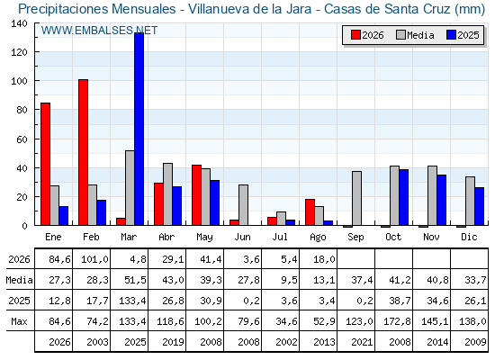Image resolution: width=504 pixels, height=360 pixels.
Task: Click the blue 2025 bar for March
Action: coord(139,129)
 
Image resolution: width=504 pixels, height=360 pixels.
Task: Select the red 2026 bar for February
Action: coord(83,152)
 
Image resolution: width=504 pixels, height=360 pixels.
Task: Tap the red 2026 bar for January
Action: coord(45,164)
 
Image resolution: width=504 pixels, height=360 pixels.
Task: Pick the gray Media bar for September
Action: coord(356,198)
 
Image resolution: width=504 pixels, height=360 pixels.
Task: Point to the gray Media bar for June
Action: coord(243,205)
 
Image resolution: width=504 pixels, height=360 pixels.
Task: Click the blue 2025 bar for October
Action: coord(404,197)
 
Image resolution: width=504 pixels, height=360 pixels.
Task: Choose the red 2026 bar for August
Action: coord(310,212)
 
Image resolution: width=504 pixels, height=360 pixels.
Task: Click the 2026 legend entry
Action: coord(367,35)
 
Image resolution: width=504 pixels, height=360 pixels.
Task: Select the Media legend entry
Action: coord(415,35)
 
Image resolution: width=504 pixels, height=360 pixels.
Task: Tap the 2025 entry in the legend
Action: coord(463,35)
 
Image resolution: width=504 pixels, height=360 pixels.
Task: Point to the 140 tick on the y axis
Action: coord(19,23)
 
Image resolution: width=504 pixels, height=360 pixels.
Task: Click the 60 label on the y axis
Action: coord(22,139)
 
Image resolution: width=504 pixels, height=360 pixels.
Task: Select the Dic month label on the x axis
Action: coord(469,237)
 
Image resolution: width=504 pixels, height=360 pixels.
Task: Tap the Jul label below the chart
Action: coord(280,237)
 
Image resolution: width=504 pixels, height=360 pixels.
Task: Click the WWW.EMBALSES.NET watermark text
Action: coord(99,31)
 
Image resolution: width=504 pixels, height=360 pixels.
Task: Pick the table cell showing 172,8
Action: coord(397,321)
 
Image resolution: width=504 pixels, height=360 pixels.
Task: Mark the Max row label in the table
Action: coord(19,321)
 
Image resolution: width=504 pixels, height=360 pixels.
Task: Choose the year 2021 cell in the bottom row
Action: coord(362,342)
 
